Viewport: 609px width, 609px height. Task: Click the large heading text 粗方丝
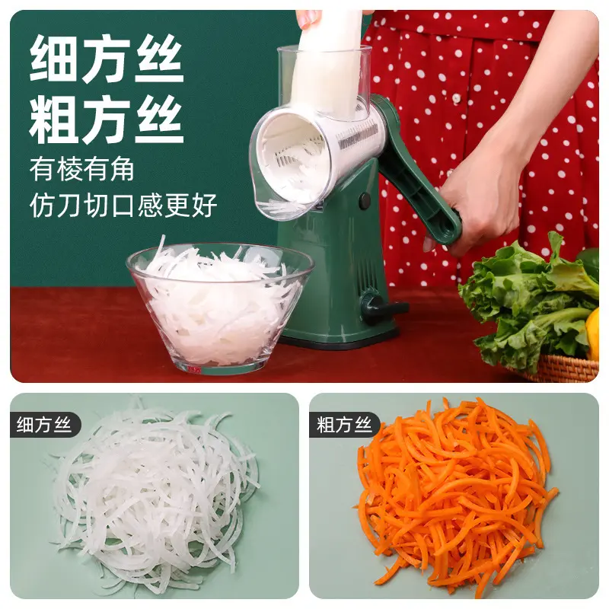click(x=107, y=120)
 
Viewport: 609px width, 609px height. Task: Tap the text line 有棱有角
click(x=82, y=169)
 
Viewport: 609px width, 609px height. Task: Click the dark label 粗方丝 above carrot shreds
click(x=344, y=425)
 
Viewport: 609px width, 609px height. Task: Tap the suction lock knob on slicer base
click(x=377, y=307)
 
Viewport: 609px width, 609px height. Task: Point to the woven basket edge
click(x=563, y=369)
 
